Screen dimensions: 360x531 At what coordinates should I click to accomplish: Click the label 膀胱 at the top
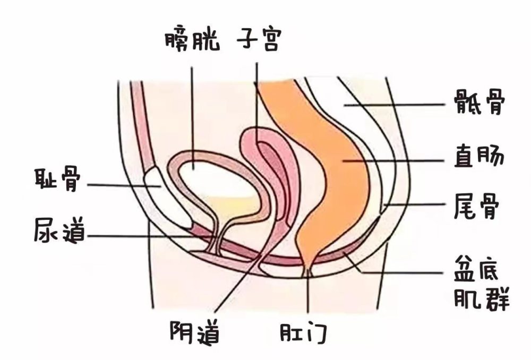[192, 39]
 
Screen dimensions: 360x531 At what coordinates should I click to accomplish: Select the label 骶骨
[478, 103]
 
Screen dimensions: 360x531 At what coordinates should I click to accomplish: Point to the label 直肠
[478, 159]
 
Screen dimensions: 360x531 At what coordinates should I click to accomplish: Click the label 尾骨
[478, 205]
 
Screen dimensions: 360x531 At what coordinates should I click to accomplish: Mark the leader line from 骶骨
[393, 105]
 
